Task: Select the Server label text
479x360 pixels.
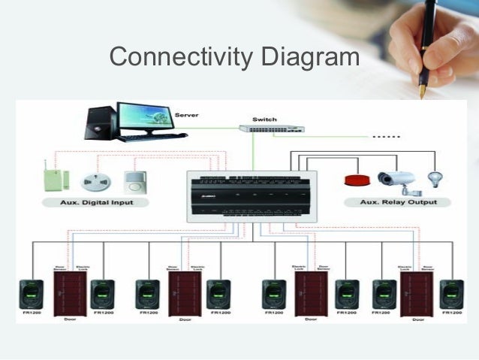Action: click(x=187, y=114)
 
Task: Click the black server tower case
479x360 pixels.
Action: click(x=101, y=123)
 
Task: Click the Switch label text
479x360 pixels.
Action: click(x=264, y=119)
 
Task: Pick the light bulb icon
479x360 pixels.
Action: click(x=434, y=180)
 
